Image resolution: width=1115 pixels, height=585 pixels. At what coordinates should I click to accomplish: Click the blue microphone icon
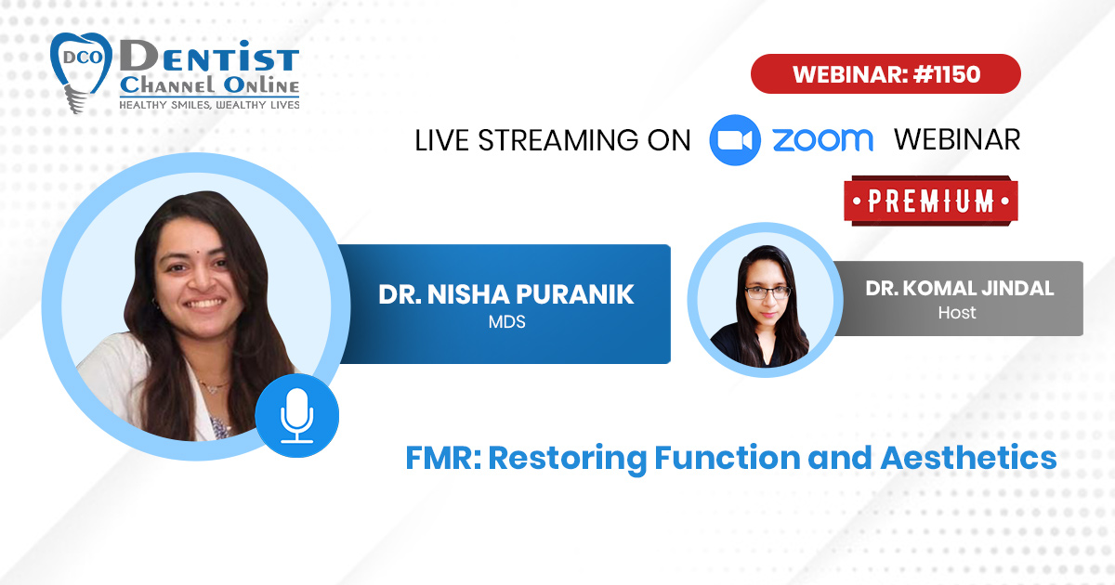(297, 415)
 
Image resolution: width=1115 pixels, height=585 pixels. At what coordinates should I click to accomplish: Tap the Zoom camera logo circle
(735, 140)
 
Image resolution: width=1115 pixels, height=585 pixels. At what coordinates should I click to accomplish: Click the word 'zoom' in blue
(823, 140)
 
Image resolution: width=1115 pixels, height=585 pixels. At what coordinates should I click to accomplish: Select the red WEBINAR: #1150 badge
(886, 74)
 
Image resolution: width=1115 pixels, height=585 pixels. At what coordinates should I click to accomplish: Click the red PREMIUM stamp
(931, 201)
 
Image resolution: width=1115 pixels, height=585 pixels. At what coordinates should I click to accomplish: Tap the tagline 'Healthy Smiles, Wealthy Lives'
(209, 105)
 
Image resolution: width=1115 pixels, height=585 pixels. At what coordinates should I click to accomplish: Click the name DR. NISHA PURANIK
(506, 294)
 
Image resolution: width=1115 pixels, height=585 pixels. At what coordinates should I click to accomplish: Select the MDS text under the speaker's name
(506, 322)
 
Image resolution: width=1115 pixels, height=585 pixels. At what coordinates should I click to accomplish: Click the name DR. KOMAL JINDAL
(960, 289)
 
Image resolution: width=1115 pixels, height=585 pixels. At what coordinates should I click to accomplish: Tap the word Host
(957, 313)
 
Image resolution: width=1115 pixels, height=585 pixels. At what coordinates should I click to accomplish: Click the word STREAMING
(557, 140)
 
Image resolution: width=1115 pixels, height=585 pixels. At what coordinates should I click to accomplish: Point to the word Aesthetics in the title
(968, 458)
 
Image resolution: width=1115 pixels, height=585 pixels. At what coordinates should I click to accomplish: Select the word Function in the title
(728, 458)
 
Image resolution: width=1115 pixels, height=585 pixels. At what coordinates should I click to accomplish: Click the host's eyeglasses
(767, 292)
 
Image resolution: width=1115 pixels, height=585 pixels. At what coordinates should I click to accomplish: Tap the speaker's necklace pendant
(213, 389)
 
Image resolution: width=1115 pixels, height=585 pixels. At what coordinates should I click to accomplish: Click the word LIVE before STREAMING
(441, 140)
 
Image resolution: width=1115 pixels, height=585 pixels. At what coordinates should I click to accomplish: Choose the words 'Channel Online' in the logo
(210, 85)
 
